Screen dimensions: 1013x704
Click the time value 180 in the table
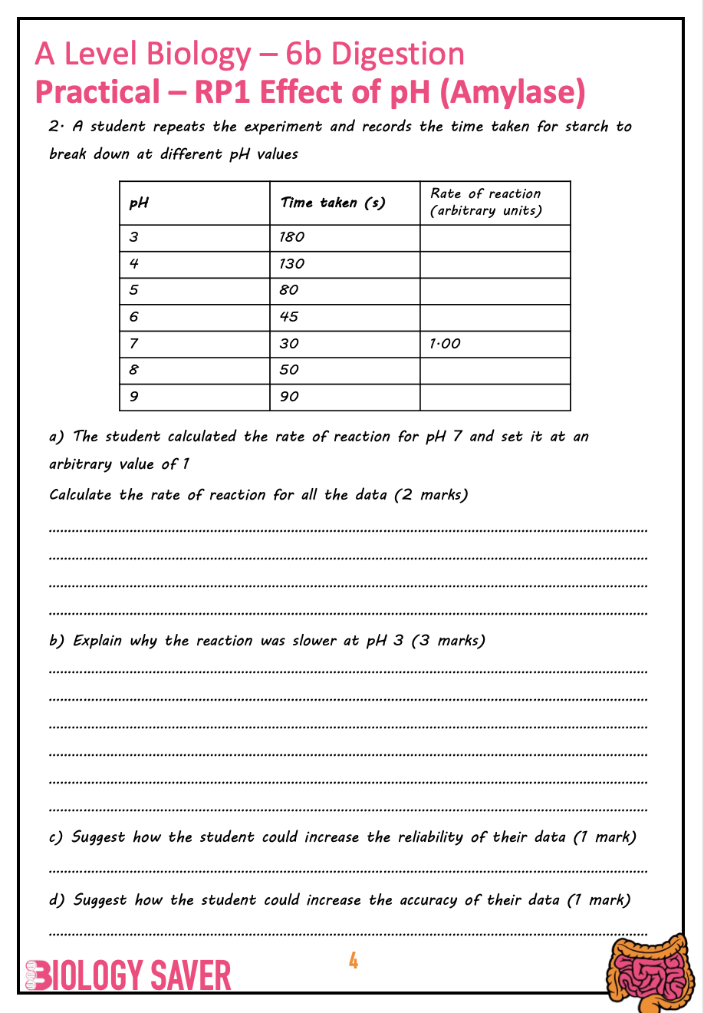coord(292,237)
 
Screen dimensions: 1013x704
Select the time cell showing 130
coord(292,264)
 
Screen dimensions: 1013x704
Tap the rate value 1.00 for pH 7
coord(446,344)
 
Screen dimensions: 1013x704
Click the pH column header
coord(139,203)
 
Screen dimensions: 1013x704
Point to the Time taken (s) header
coord(332,203)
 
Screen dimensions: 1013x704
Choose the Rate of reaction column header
coord(485,202)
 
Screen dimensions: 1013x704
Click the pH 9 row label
coord(134,397)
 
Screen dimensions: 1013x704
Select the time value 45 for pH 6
coord(289,317)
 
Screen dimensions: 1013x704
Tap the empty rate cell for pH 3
coord(495,238)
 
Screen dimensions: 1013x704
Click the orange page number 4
coord(354,961)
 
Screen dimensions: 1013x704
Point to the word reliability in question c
coord(430,837)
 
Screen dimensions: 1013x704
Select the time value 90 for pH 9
coord(289,397)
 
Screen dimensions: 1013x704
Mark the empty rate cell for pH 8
coord(495,371)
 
